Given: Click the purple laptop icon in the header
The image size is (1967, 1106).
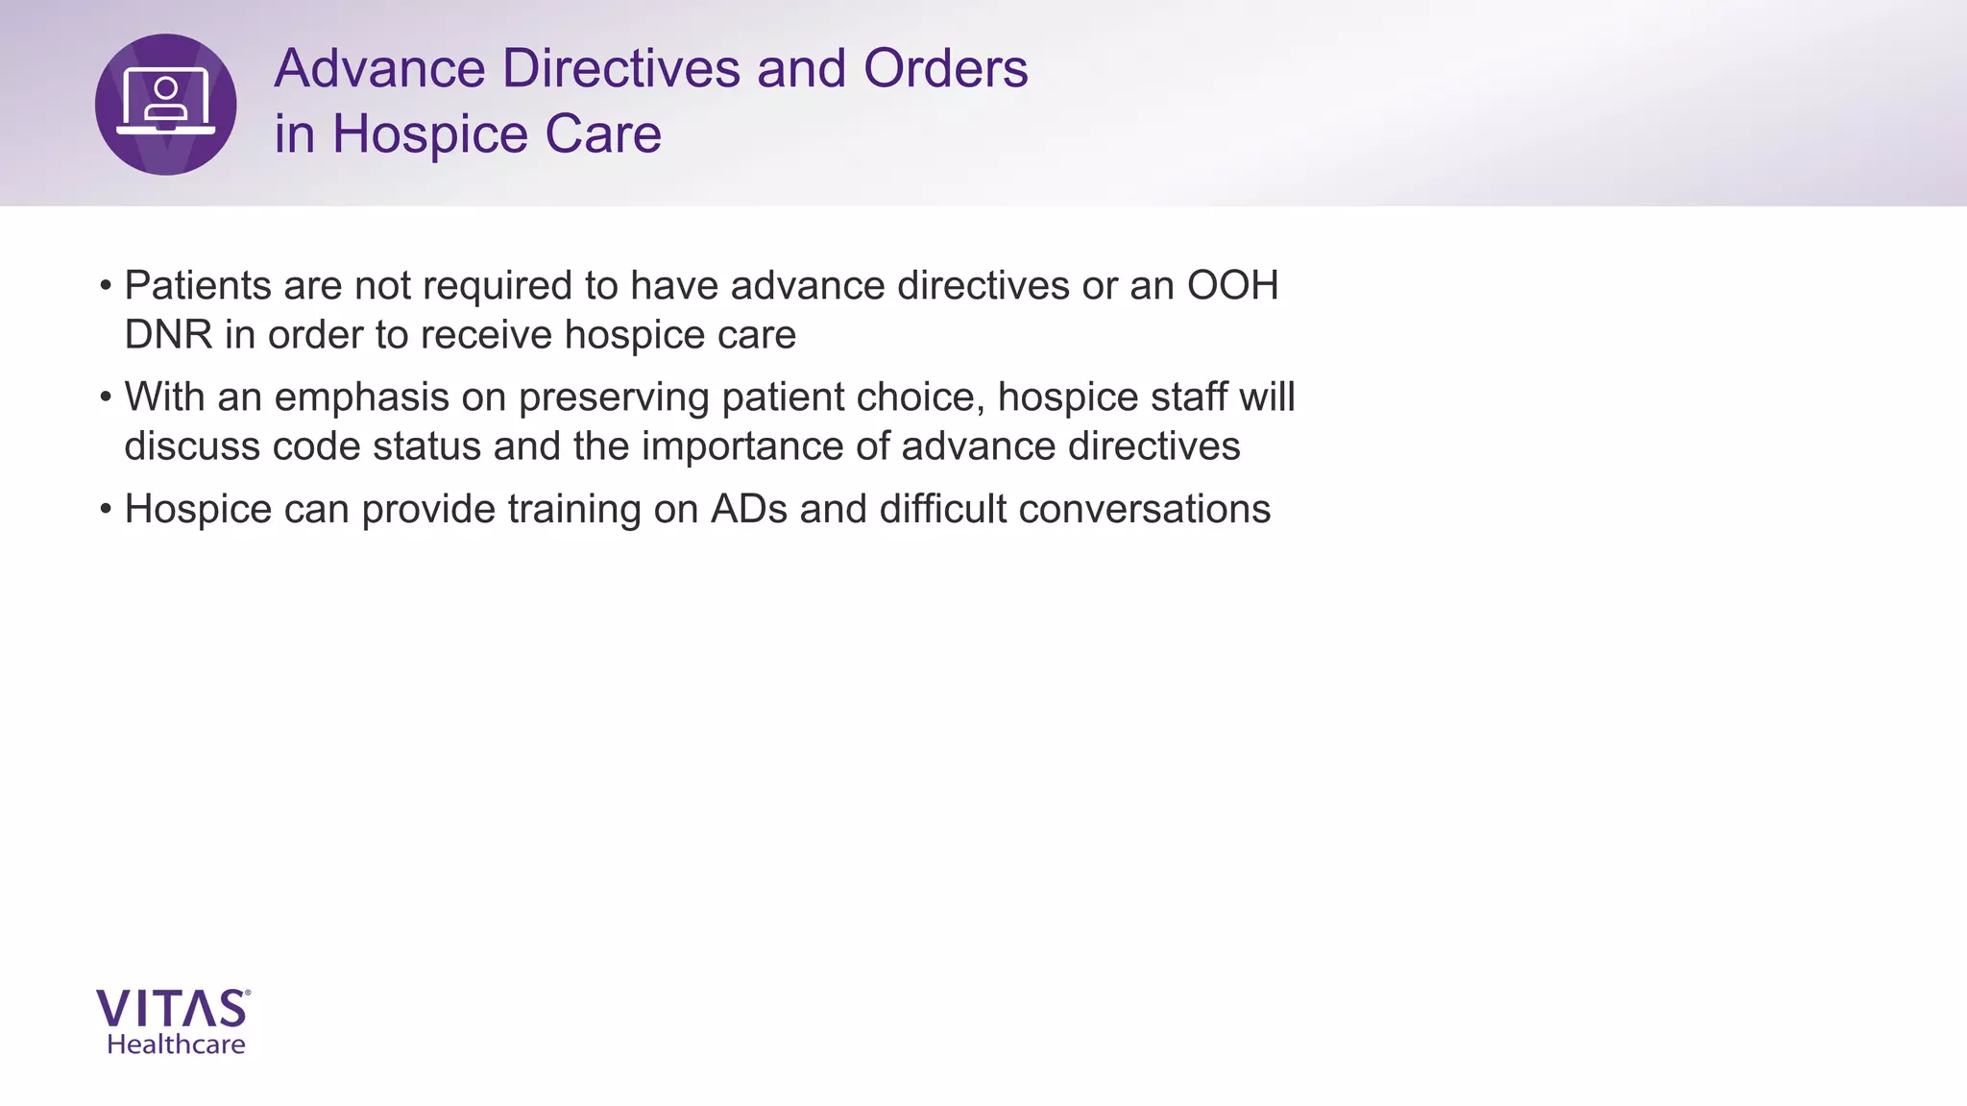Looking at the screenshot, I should click(165, 104).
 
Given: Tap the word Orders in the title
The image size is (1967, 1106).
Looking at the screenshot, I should click(945, 69).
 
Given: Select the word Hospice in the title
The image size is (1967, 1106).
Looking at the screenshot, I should click(430, 134).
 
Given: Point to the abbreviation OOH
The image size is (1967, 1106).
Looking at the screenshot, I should click(1233, 286).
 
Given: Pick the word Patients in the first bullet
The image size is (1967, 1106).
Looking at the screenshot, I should click(198, 286).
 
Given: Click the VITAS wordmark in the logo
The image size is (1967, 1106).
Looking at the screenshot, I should click(173, 1010).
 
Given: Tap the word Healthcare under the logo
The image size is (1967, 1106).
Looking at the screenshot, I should click(176, 1045).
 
